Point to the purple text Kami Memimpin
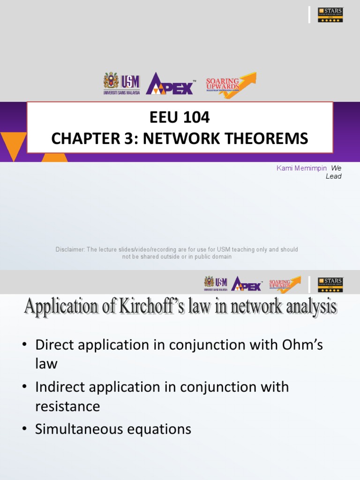301,168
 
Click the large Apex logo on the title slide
170,84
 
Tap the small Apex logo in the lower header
246,283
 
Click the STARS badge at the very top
330,15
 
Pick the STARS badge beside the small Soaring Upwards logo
330,285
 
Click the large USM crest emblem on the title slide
111,81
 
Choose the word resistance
67,406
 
